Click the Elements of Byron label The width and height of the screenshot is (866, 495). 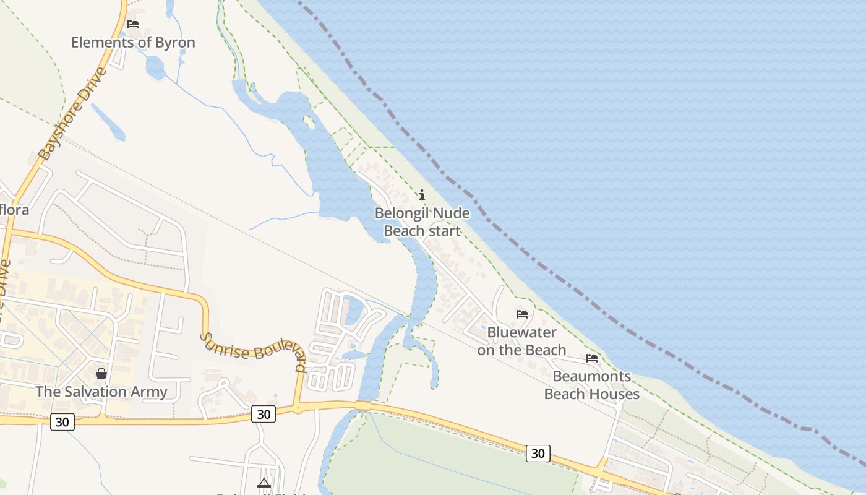point(133,43)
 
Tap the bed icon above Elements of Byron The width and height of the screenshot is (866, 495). point(133,24)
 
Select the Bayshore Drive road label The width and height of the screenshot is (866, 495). point(72,114)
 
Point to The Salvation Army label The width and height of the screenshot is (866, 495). point(101,392)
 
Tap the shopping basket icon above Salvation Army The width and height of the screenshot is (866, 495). point(101,374)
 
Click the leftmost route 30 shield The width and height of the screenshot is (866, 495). point(62,422)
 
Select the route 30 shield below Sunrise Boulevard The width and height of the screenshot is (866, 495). point(264,414)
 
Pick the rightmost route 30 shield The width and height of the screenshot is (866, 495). point(538,453)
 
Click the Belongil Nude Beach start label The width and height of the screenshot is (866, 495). point(422,222)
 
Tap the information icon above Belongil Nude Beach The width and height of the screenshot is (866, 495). point(422,196)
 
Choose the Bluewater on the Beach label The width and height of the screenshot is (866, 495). point(521,341)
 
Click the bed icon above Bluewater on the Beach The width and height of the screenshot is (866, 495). point(522,314)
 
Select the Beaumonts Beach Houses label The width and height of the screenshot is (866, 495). point(591,385)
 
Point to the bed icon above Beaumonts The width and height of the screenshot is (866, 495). point(592,358)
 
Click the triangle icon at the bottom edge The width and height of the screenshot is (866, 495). point(264,483)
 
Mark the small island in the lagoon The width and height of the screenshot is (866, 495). point(309,122)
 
